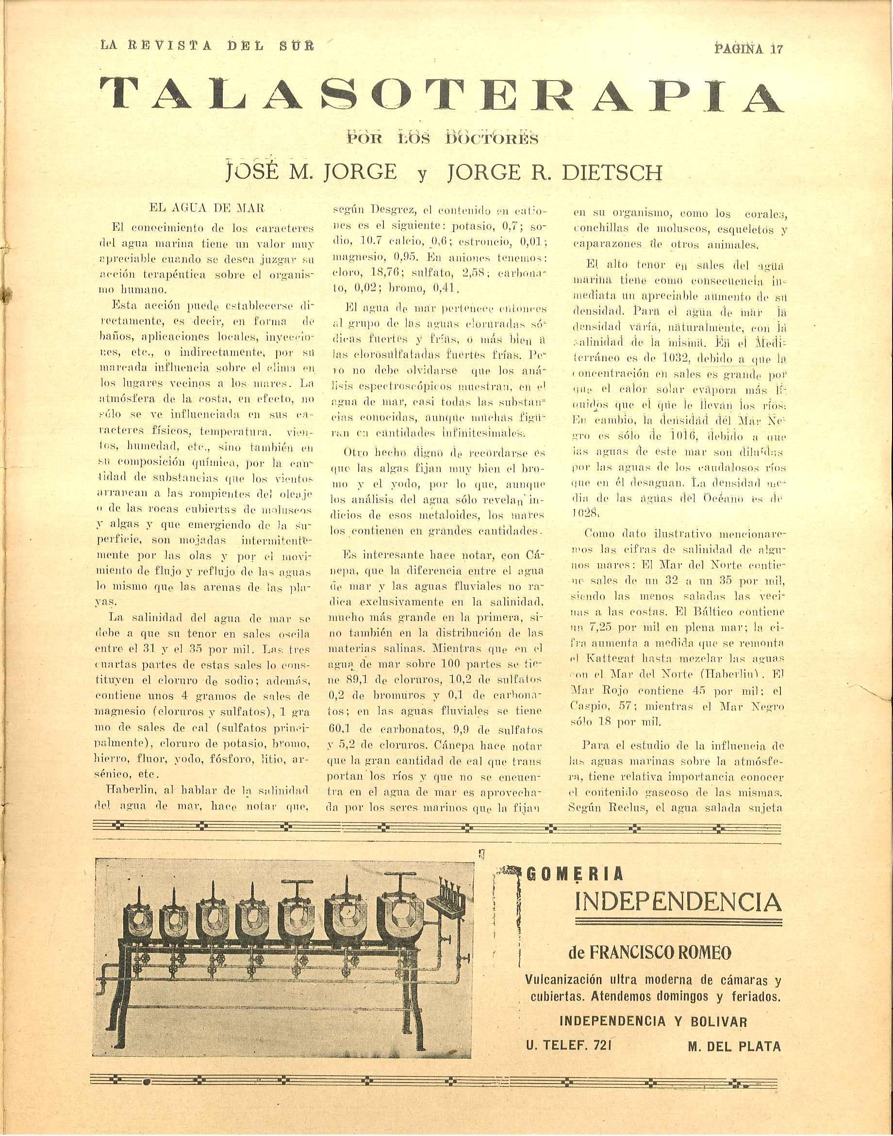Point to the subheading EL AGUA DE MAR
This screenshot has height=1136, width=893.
click(207, 208)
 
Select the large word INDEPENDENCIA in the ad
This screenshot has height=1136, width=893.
click(678, 902)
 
